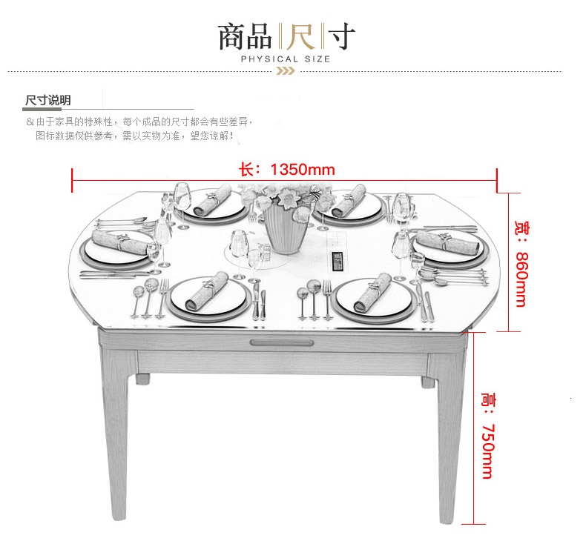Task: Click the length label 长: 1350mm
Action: coord(287,170)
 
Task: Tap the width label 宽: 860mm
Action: coord(521,264)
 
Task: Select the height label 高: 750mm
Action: coord(487,435)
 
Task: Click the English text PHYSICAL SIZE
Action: coord(286,59)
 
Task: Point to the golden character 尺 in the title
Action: coord(301,36)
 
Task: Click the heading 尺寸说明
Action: coord(47,100)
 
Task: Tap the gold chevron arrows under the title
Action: coord(286,71)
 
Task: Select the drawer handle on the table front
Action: coord(282,342)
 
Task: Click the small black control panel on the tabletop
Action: coord(338,261)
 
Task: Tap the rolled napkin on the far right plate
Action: coord(447,242)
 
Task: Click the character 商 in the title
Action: coord(231,36)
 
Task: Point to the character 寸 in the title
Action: coord(341,36)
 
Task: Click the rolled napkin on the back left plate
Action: coord(213,199)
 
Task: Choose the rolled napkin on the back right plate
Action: coord(349,200)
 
